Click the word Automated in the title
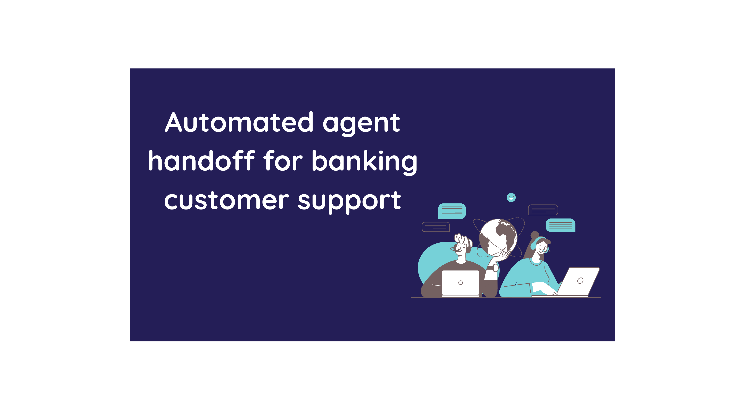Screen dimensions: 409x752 239,122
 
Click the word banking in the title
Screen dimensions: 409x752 364,162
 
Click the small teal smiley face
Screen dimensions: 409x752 511,198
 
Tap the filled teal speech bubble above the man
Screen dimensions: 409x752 452,211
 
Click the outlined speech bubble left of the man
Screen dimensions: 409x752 436,227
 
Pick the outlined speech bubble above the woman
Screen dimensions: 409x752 543,210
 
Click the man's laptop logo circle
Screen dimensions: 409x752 460,282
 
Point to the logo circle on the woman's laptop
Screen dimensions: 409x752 580,281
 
